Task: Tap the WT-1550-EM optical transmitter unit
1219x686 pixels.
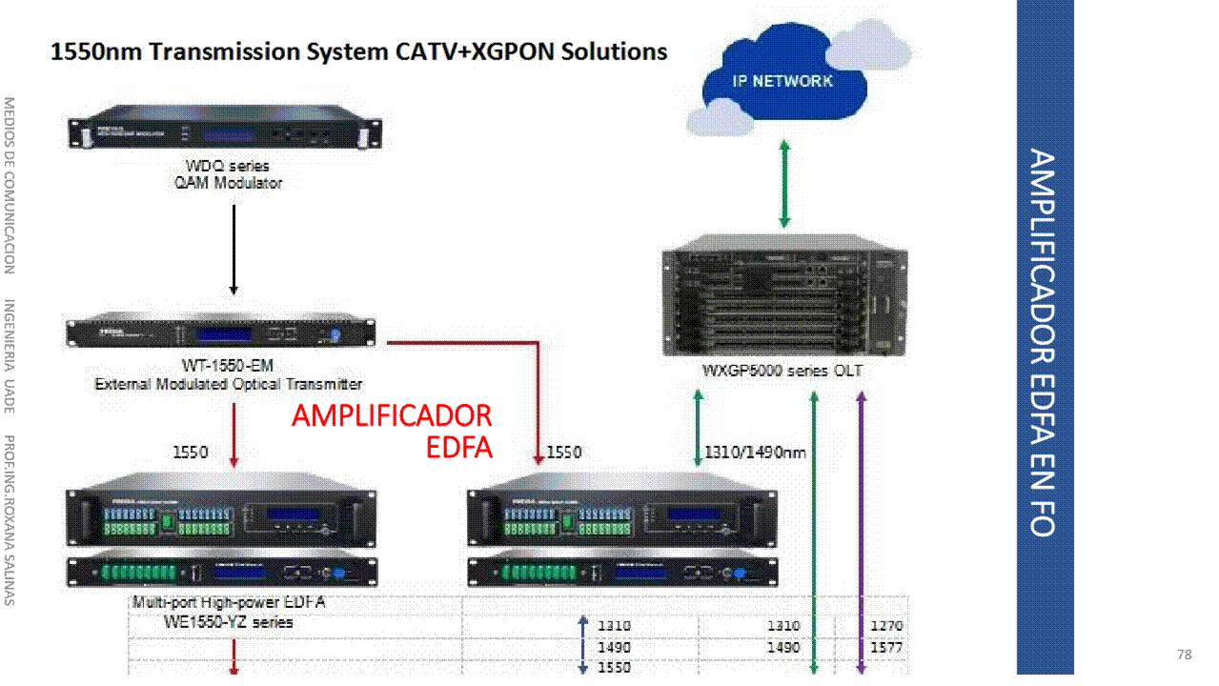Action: point(221,333)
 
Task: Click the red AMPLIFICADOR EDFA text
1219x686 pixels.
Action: point(393,431)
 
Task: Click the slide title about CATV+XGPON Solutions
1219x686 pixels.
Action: point(358,51)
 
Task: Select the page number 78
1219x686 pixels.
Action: point(1185,655)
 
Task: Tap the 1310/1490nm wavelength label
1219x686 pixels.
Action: point(755,453)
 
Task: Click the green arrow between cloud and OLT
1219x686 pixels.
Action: point(784,184)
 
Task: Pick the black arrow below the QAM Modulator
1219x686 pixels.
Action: point(233,248)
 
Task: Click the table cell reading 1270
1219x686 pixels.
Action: point(886,626)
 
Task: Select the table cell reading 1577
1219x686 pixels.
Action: point(886,647)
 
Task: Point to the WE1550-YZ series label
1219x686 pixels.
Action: point(228,622)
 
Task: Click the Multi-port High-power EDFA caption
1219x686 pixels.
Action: point(229,603)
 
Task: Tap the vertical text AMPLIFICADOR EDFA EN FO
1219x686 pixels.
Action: point(1044,343)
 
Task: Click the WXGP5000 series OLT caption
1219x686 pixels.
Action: point(782,371)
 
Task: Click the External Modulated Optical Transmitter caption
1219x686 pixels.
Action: point(229,385)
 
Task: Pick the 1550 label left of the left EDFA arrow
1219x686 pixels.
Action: point(190,453)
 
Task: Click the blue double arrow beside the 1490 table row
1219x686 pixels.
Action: point(583,646)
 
